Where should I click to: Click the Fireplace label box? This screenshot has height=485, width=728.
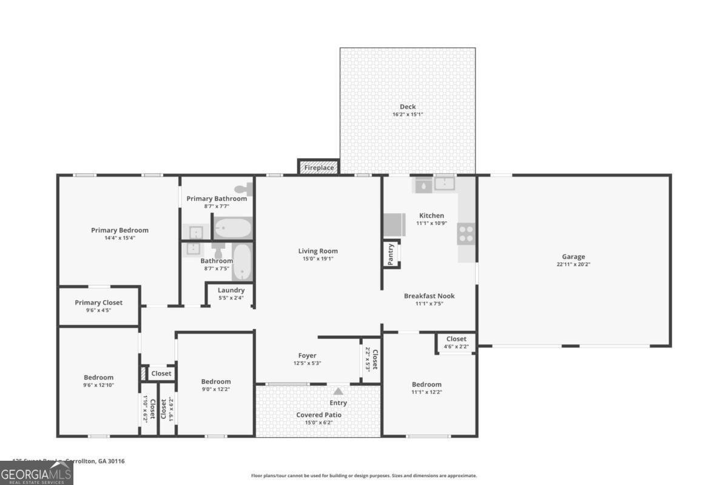[x=318, y=167]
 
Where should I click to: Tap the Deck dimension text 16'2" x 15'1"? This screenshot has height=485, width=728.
[x=407, y=114]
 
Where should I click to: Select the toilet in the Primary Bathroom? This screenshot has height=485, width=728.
[x=243, y=189]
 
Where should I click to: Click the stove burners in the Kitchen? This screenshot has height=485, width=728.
[x=466, y=233]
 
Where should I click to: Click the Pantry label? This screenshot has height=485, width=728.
[x=391, y=254]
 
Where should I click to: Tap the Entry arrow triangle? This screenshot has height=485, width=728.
[x=338, y=391]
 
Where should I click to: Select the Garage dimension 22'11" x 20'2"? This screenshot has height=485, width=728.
[x=573, y=264]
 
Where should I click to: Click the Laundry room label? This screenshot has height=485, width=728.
[x=231, y=290]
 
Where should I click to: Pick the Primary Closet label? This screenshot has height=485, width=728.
[x=98, y=303]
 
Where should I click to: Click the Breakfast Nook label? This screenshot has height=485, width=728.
[x=429, y=296]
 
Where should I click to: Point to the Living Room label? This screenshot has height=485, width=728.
[x=318, y=251]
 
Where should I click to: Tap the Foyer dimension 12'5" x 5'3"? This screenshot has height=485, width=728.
[x=307, y=363]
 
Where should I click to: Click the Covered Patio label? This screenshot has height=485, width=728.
[x=318, y=415]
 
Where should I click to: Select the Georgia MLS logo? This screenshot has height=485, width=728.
[x=36, y=473]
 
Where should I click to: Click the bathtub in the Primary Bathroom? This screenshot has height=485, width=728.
[x=233, y=228]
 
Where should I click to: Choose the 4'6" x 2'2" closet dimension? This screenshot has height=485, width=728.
[x=456, y=346]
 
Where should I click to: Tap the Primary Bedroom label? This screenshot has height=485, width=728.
[x=120, y=230]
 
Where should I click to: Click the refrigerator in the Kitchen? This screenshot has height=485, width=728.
[x=394, y=225]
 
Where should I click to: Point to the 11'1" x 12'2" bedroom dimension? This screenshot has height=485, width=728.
[x=426, y=392]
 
